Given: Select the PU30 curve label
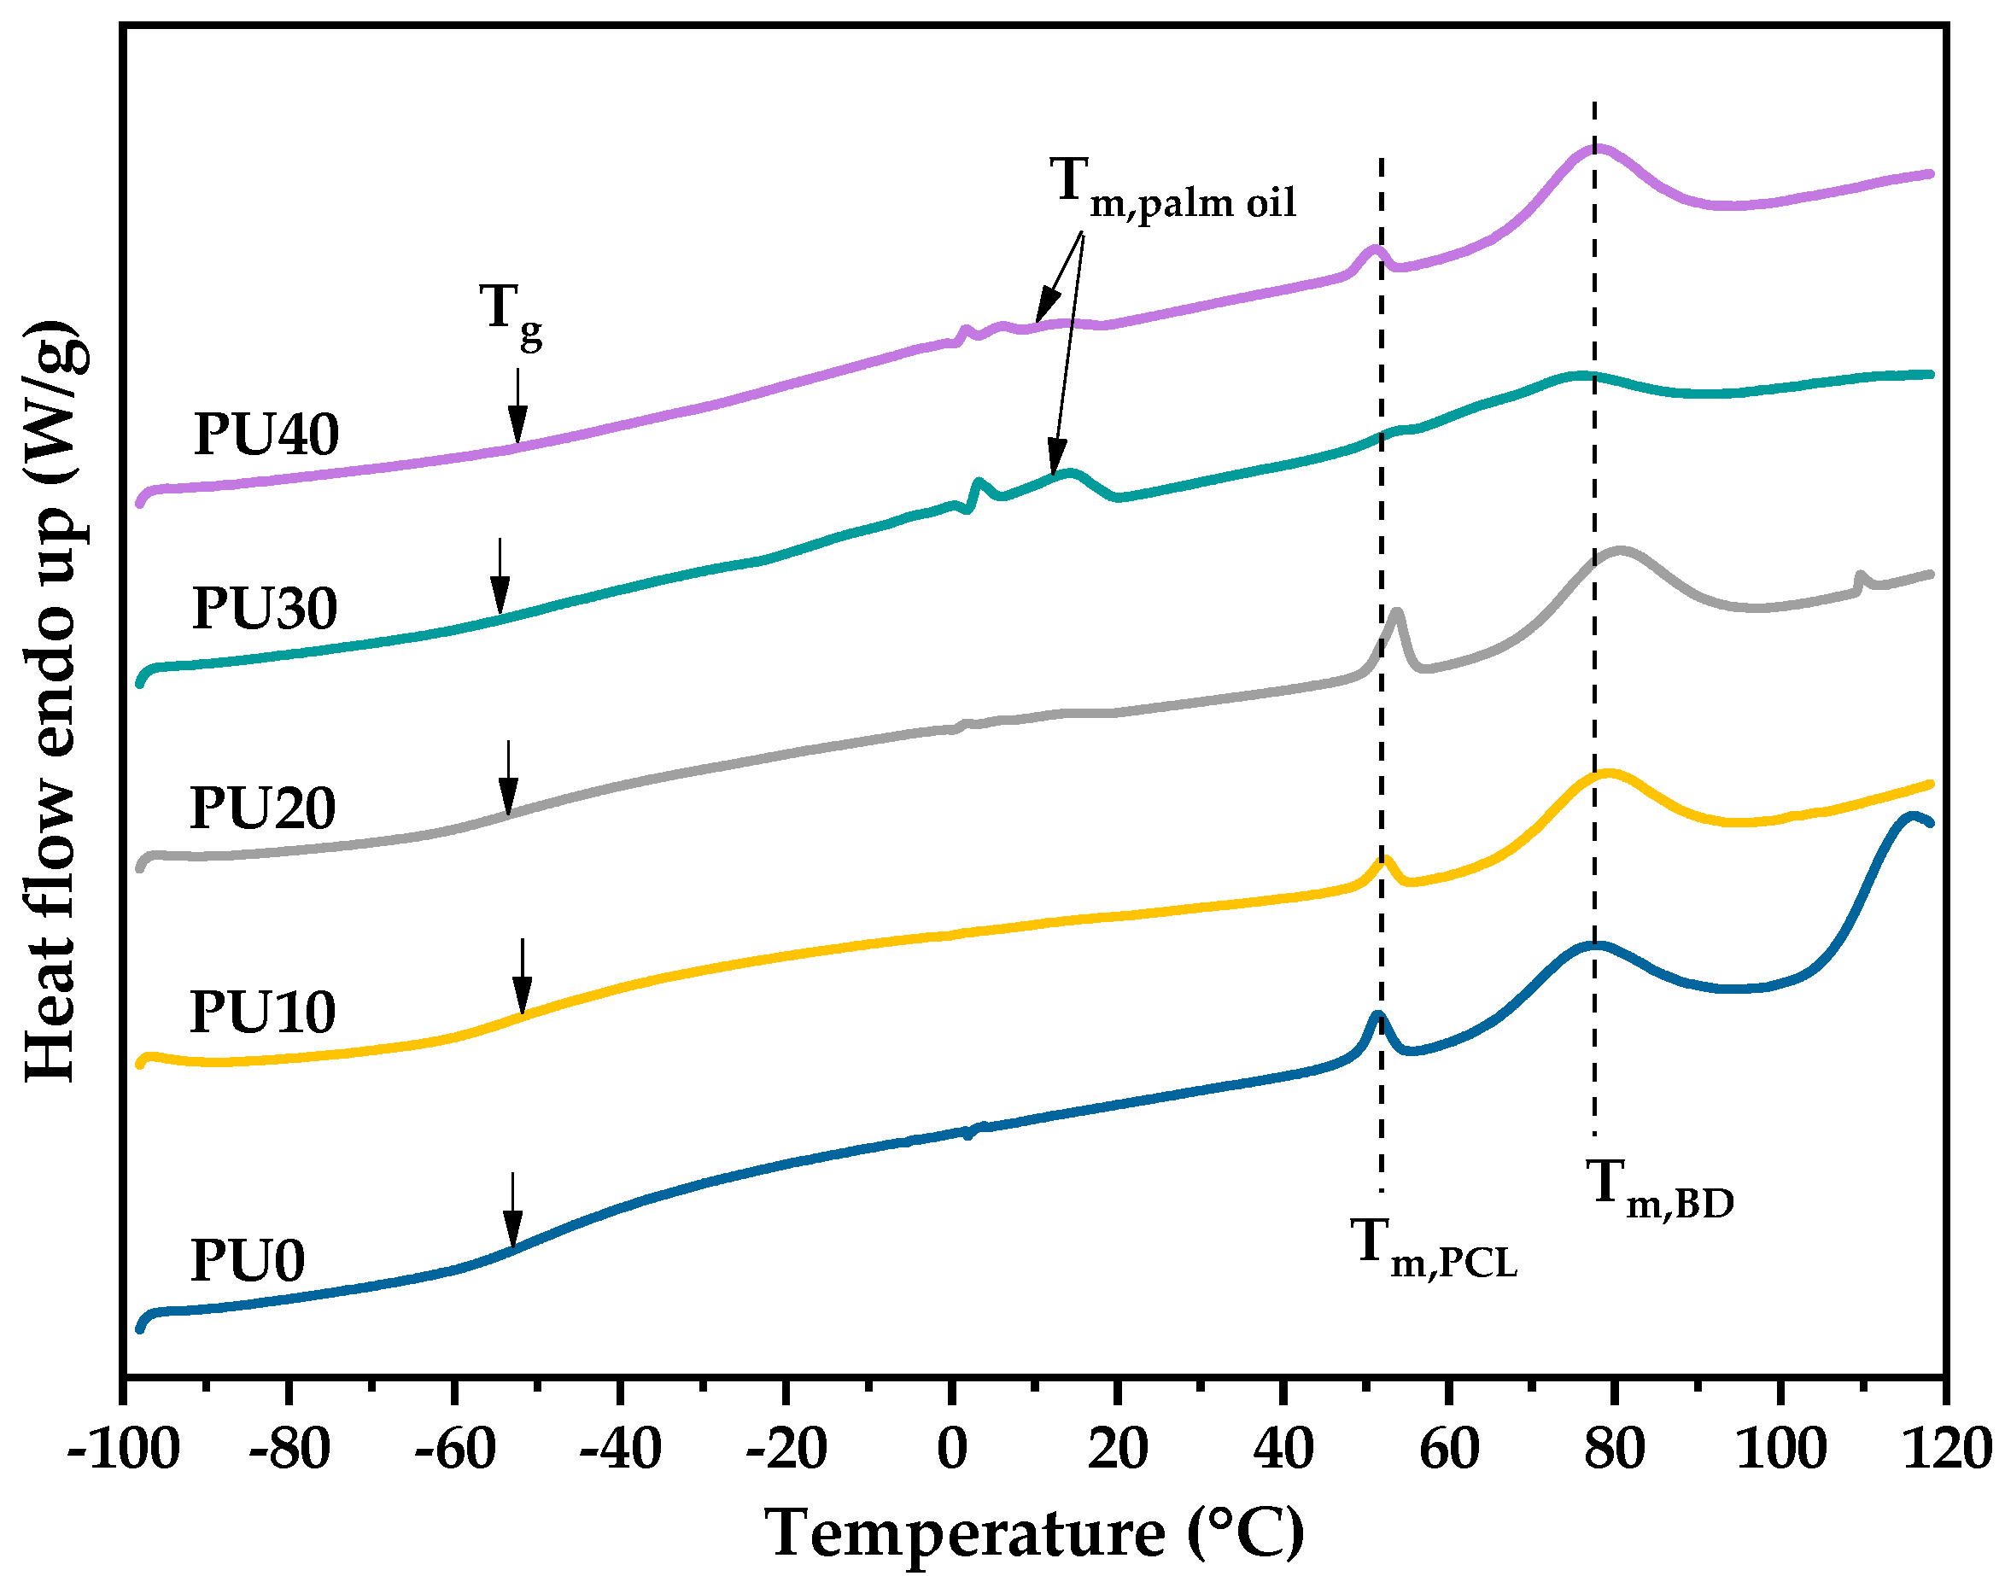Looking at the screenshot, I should tap(265, 608).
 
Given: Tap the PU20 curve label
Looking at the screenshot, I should tap(262, 808).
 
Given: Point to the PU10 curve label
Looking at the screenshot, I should tap(262, 1013).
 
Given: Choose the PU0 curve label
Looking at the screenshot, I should tap(248, 1260).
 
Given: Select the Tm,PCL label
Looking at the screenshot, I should tap(1433, 1247).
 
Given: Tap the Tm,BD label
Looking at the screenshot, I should tap(1659, 1188).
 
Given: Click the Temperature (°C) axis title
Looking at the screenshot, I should tap(1034, 1532).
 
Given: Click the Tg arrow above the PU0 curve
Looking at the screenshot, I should tap(513, 1210).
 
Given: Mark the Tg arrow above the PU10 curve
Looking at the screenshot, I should tap(523, 976).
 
